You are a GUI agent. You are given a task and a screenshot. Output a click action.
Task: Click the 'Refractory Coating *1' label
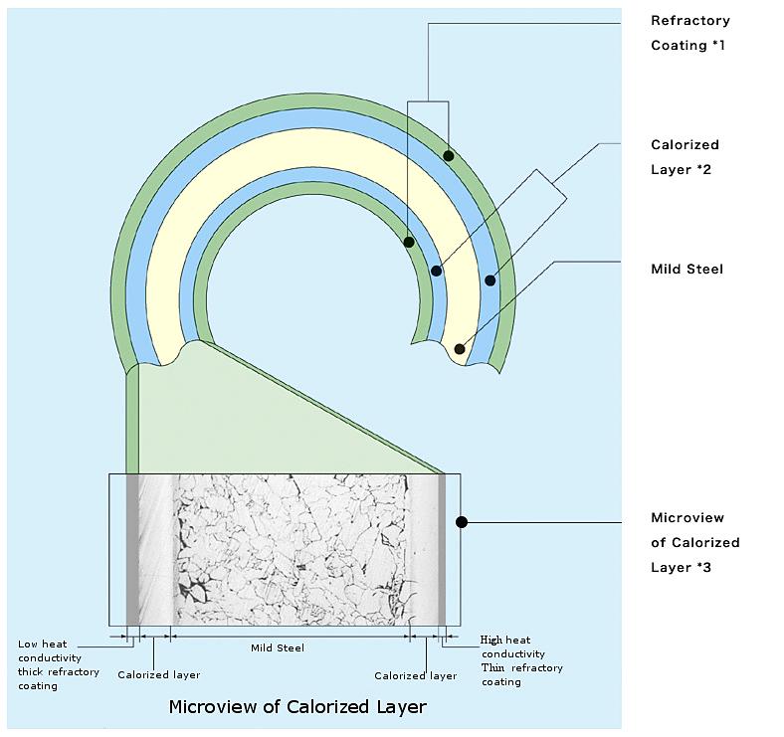pyautogui.click(x=689, y=33)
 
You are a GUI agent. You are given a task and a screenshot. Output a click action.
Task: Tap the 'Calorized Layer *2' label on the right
pyautogui.click(x=685, y=157)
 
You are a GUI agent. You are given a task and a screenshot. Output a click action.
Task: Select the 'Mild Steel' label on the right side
pyautogui.click(x=686, y=269)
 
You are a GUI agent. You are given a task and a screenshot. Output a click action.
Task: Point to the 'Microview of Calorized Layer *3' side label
pyautogui.click(x=694, y=542)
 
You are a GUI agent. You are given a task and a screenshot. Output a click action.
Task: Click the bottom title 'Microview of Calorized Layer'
pyautogui.click(x=297, y=707)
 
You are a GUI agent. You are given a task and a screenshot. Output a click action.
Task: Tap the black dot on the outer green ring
pyautogui.click(x=449, y=156)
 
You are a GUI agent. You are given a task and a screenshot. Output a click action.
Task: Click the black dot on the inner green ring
pyautogui.click(x=409, y=242)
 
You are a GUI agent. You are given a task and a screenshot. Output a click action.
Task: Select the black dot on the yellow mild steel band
pyautogui.click(x=460, y=349)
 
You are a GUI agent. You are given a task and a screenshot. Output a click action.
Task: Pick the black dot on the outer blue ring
pyautogui.click(x=490, y=280)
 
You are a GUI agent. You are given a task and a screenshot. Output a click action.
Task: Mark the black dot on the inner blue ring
pyautogui.click(x=436, y=271)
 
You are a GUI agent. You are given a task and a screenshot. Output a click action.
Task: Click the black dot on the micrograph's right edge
pyautogui.click(x=461, y=521)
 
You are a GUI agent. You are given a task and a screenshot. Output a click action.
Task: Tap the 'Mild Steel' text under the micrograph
pyautogui.click(x=277, y=648)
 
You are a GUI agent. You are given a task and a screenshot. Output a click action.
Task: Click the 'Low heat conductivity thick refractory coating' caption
pyautogui.click(x=58, y=664)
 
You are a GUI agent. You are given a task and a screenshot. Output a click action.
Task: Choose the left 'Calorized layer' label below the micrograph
pyautogui.click(x=158, y=675)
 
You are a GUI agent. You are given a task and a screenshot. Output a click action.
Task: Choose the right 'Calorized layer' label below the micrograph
pyautogui.click(x=415, y=676)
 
